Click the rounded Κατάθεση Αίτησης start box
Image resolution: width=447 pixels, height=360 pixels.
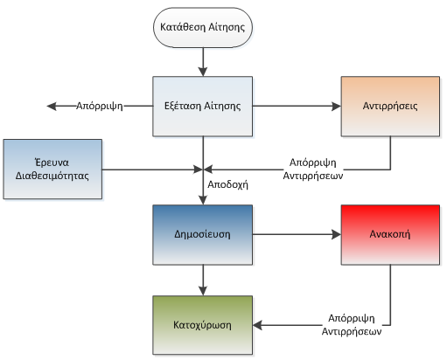[x=203, y=27]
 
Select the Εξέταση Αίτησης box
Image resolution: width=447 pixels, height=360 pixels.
[x=203, y=107]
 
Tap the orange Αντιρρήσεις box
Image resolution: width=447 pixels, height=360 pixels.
[x=390, y=107]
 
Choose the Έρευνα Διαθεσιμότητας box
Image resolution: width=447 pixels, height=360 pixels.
[x=52, y=170]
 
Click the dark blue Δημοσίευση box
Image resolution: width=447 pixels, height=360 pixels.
[x=203, y=235]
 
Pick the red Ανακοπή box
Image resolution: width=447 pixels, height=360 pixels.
[x=390, y=235]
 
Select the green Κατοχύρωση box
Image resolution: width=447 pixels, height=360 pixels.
[x=203, y=325]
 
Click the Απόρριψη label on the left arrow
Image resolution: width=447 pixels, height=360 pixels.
[x=100, y=106]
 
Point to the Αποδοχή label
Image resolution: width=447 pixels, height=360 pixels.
[x=227, y=184]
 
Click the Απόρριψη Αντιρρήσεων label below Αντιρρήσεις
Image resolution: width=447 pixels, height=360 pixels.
[x=313, y=170]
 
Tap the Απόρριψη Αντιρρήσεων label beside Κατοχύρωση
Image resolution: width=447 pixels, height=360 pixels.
[x=352, y=325]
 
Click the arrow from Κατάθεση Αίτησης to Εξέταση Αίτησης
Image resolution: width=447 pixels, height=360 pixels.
[x=203, y=62]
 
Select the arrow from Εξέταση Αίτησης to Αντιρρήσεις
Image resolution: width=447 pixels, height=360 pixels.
[x=297, y=107]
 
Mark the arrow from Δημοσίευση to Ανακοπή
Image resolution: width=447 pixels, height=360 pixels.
[x=297, y=234]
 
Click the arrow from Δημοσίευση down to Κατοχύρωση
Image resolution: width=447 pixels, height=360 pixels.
[x=203, y=280]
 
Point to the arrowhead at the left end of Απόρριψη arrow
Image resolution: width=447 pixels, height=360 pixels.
[x=52, y=107]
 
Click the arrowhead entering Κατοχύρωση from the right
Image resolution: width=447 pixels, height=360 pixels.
[x=257, y=325]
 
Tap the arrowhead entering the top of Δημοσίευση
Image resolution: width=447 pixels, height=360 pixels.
[x=203, y=200]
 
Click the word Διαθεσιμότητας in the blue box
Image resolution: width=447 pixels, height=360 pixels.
[x=52, y=176]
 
